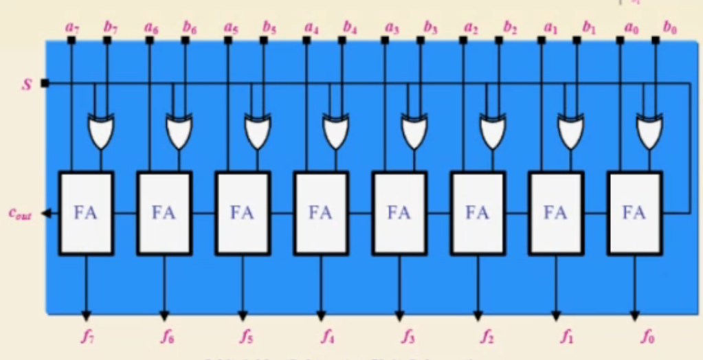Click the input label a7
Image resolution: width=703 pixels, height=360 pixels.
pos(71,27)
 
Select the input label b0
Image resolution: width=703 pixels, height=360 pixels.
pos(656,27)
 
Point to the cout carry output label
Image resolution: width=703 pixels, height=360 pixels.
pos(21,214)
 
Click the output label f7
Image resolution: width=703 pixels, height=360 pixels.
pos(87,337)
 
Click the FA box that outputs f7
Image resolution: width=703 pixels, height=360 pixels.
pos(86,213)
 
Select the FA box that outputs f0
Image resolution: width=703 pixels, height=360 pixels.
pos(634,213)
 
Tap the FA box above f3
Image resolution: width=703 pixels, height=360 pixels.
pos(399,213)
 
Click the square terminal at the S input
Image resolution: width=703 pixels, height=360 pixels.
pos(45,84)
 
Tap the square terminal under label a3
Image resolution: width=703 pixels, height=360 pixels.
pos(385,41)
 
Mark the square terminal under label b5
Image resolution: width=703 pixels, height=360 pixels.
pos(264,41)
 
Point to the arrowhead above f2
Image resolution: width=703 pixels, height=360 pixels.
pos(478,315)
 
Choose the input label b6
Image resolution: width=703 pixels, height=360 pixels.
pos(188,27)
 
